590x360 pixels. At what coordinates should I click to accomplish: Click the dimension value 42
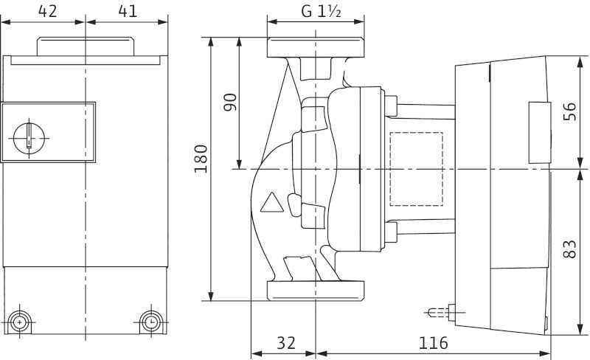48,11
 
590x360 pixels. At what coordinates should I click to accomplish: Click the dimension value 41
128,11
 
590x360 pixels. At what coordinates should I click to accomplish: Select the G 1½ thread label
321,12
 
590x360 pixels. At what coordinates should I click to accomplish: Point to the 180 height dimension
201,159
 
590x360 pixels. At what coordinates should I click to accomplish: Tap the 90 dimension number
230,102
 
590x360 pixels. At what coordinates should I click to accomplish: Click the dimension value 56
569,111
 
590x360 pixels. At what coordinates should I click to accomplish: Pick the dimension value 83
569,249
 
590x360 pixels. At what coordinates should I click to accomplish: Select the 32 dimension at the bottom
286,343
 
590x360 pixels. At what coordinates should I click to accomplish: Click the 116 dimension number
434,343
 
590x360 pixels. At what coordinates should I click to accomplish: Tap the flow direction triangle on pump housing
271,204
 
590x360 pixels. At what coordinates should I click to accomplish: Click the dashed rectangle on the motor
416,169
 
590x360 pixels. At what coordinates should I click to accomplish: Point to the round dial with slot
29,138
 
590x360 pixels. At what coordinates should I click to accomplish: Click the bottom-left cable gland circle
19,322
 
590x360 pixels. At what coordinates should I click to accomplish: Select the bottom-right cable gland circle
151,322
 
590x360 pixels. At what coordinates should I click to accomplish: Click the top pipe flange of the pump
316,47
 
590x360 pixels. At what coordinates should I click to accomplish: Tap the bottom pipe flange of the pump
316,291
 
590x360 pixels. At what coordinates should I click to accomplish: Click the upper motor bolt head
391,105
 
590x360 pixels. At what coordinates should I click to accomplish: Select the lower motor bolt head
391,232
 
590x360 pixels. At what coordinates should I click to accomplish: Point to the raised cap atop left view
85,46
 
